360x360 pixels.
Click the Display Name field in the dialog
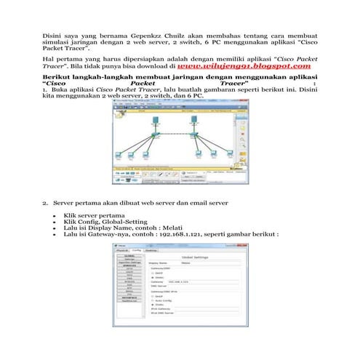[x=204, y=263]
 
